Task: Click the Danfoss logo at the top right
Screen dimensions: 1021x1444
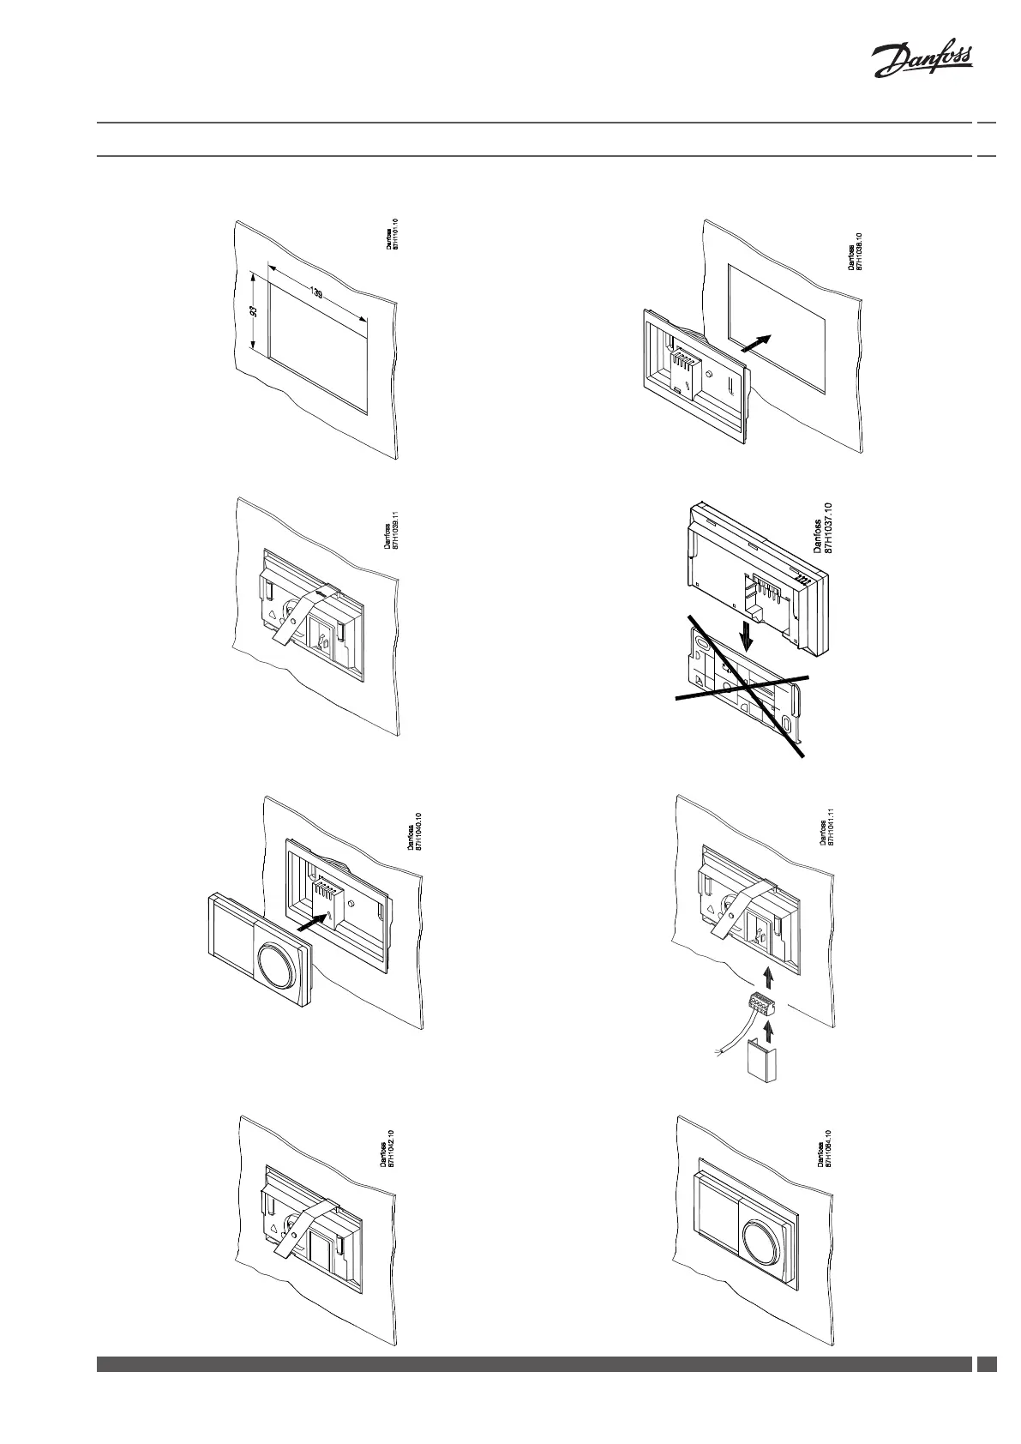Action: tap(922, 63)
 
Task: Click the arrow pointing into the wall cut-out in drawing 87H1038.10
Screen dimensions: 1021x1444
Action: tap(754, 343)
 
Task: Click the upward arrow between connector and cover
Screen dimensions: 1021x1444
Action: tap(768, 1026)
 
